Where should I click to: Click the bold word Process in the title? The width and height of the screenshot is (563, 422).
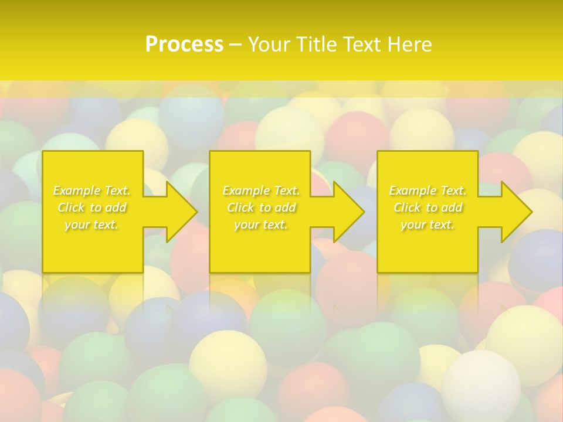(184, 45)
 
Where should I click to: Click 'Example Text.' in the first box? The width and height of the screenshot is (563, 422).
(91, 190)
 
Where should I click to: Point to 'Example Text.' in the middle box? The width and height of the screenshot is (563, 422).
(261, 190)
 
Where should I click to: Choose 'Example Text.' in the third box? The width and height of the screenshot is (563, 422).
(428, 190)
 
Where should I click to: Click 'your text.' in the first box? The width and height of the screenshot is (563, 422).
(91, 224)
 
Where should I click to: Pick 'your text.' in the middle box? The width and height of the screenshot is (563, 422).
(261, 224)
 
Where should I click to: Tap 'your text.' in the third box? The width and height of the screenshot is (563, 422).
(428, 224)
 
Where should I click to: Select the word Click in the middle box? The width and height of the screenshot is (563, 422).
(240, 207)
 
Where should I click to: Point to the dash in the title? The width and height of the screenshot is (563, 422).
(235, 45)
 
